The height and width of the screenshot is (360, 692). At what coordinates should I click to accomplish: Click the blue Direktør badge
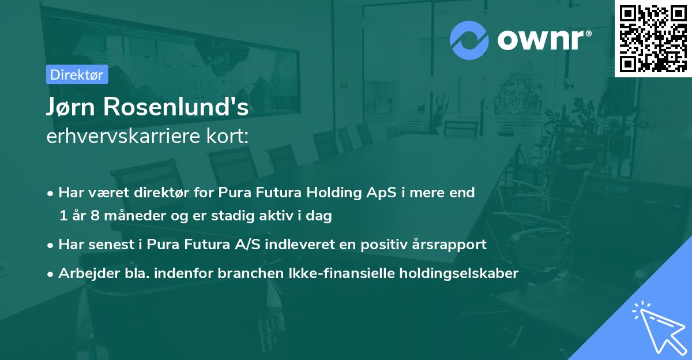coord(77,74)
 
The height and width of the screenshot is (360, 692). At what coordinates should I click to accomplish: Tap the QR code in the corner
coord(653,38)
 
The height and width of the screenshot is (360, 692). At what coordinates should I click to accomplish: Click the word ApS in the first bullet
coord(397,193)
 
